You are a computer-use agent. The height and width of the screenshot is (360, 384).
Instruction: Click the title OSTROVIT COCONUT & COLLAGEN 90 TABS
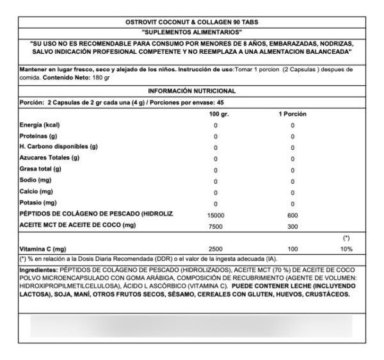coord(191,22)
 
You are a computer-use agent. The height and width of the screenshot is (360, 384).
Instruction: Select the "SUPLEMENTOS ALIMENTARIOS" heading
coord(191,31)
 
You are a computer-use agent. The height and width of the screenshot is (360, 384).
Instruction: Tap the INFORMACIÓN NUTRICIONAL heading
coord(191,91)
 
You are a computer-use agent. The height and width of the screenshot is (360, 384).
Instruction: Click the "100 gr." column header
coord(218,113)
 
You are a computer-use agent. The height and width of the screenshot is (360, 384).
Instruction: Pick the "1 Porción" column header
coord(292,113)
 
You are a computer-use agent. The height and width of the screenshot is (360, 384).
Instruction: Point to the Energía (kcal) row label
coord(40,125)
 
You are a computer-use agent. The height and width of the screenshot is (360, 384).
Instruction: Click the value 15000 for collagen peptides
coord(216,215)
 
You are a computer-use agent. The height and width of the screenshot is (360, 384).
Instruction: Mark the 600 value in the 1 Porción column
coord(292,215)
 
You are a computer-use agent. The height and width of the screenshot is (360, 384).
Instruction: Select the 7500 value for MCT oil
coord(216,225)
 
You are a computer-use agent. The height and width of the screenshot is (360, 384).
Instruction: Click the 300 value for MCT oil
coord(292,225)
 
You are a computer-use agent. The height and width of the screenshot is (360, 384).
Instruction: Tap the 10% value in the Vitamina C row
coord(346,248)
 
